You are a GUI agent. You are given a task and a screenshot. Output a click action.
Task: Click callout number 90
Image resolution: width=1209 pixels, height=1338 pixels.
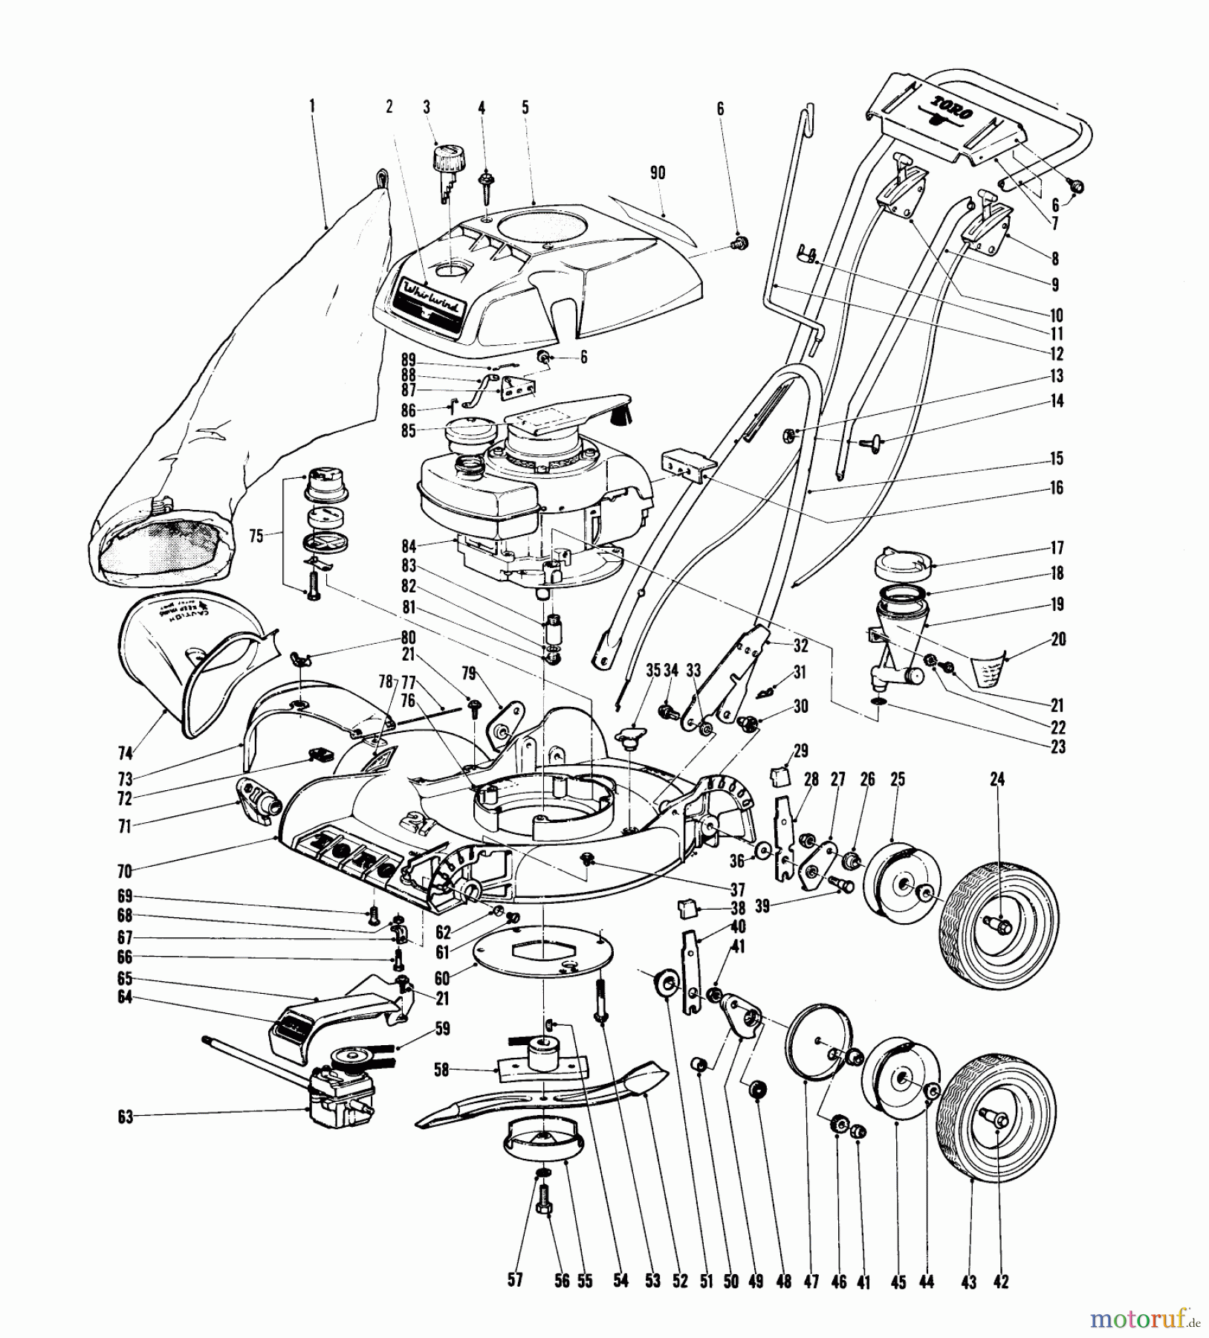(657, 173)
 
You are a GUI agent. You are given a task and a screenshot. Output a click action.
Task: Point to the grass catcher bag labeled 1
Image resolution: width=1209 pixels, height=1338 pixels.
(245, 372)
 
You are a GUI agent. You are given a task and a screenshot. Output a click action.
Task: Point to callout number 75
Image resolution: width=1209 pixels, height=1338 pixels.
(257, 536)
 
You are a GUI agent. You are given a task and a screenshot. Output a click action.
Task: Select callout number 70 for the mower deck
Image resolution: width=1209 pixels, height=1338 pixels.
(124, 871)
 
